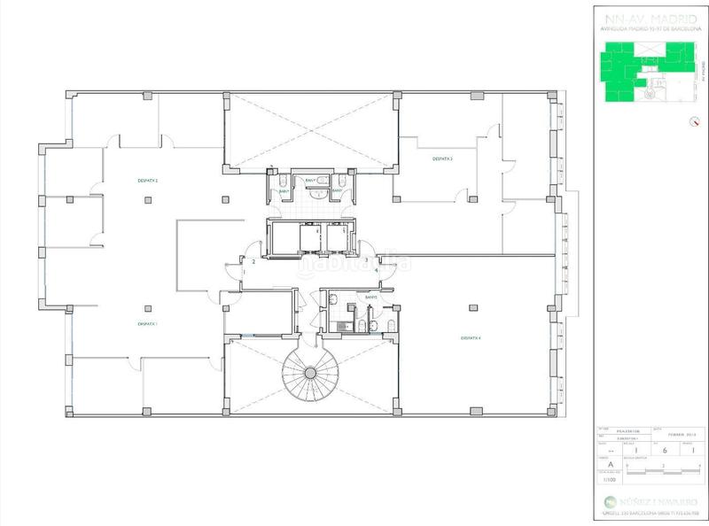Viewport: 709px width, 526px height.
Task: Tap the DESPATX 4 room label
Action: click(x=471, y=337)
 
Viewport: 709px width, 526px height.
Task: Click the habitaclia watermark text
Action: click(x=354, y=263)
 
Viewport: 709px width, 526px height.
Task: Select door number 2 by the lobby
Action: click(x=254, y=262)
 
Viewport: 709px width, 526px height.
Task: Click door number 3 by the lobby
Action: click(x=366, y=259)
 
